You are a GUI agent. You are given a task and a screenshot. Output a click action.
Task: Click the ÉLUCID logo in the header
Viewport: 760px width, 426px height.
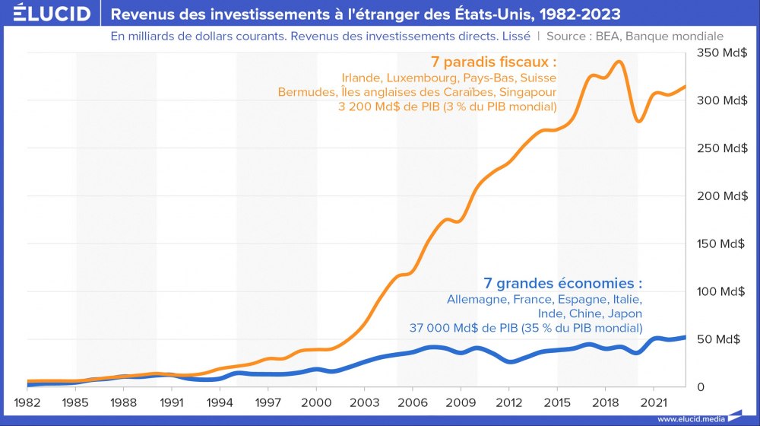point(46,14)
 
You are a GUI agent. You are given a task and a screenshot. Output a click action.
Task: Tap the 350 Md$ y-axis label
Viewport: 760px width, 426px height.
point(717,52)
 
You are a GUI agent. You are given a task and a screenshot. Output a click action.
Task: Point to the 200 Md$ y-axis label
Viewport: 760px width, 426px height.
point(717,196)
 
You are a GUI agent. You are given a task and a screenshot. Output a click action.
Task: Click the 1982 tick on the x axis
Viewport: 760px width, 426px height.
point(28,401)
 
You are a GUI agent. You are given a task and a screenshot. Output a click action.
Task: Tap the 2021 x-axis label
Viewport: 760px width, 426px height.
point(654,401)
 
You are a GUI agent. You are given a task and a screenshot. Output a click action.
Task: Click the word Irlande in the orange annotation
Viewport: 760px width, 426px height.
point(363,78)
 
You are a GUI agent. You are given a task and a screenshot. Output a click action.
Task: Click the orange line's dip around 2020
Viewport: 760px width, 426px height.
point(639,121)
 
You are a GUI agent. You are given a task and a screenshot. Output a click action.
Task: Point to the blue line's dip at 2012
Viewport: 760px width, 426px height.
point(510,361)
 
